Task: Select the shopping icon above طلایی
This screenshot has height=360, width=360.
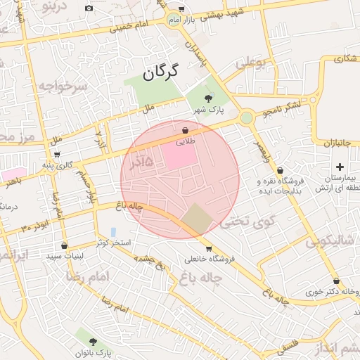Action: [x=185, y=130]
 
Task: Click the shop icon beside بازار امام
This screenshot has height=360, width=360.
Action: [x=181, y=9]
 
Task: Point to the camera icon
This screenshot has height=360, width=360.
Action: [x=89, y=8]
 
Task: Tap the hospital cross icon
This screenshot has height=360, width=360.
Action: [x=340, y=167]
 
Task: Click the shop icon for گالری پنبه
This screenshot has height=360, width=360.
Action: [x=57, y=155]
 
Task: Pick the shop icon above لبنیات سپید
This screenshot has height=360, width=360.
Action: [x=65, y=246]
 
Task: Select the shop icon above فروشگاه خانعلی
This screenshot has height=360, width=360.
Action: [x=209, y=248]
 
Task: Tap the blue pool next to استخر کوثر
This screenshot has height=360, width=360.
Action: [x=114, y=232]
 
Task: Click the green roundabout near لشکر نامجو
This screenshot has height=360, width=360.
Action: [x=246, y=118]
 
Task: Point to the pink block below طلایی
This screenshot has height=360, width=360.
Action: [x=179, y=157]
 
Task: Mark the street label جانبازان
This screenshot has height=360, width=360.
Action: [x=337, y=143]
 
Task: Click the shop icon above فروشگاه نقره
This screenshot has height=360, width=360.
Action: [x=280, y=170]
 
